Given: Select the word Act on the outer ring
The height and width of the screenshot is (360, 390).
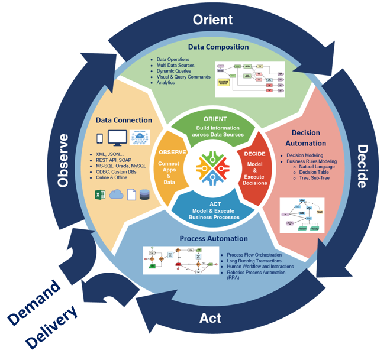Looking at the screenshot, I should pyautogui.click(x=210, y=317).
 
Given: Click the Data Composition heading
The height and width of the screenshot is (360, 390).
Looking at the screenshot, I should pyautogui.click(x=218, y=47).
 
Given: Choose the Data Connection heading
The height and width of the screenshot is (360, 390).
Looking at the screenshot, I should pyautogui.click(x=124, y=120).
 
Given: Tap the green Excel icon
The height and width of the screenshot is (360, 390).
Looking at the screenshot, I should pyautogui.click(x=100, y=194).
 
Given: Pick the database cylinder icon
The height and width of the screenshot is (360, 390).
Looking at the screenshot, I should pyautogui.click(x=145, y=194).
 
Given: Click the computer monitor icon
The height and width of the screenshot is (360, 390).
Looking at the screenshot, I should pyautogui.click(x=117, y=138).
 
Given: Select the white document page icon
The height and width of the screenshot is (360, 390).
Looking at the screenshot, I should pyautogui.click(x=131, y=194).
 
